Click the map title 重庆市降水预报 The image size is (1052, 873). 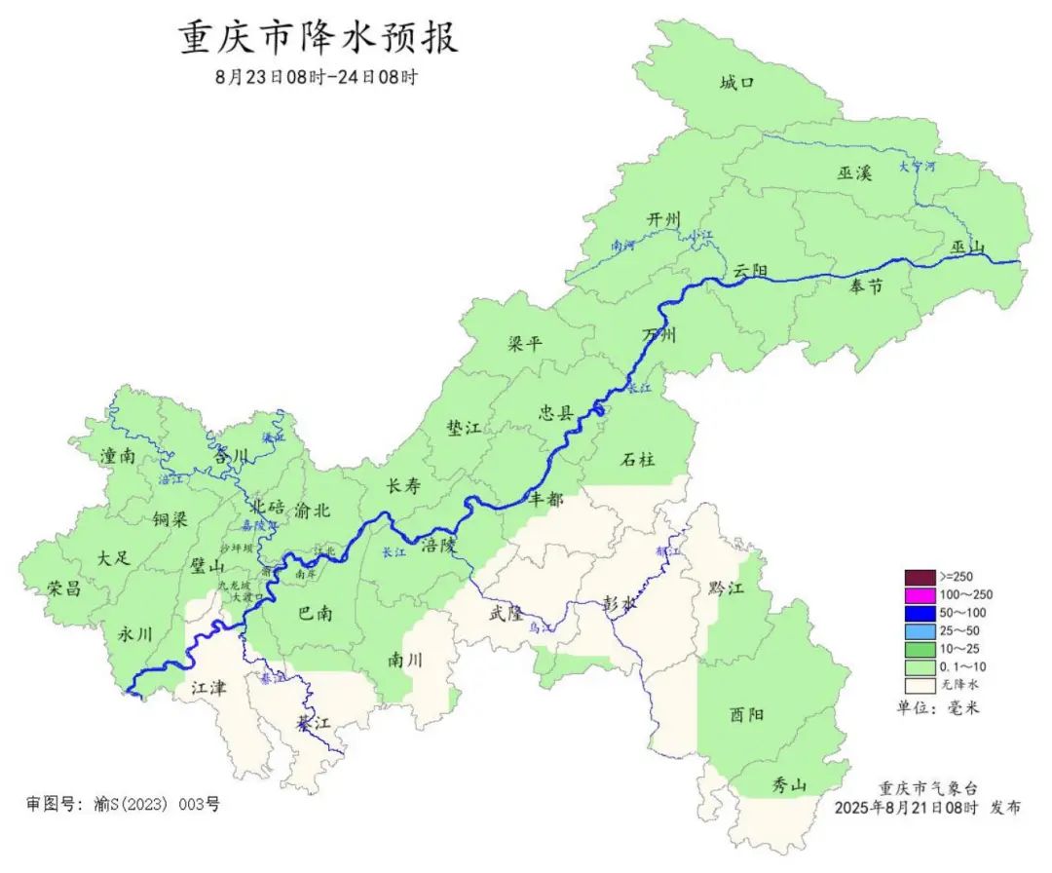318,38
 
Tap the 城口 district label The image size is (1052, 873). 737,83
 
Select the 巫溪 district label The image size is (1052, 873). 853,173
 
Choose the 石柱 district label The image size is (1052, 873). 638,459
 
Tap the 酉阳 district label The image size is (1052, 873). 746,714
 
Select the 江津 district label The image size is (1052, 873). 208,688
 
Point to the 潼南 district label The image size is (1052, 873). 118,455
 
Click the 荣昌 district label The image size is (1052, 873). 64,588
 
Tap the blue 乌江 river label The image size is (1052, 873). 541,628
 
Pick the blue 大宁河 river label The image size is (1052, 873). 916,167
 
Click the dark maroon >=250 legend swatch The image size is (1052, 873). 920,577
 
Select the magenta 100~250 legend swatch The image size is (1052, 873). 920,594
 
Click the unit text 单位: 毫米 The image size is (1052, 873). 937,707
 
